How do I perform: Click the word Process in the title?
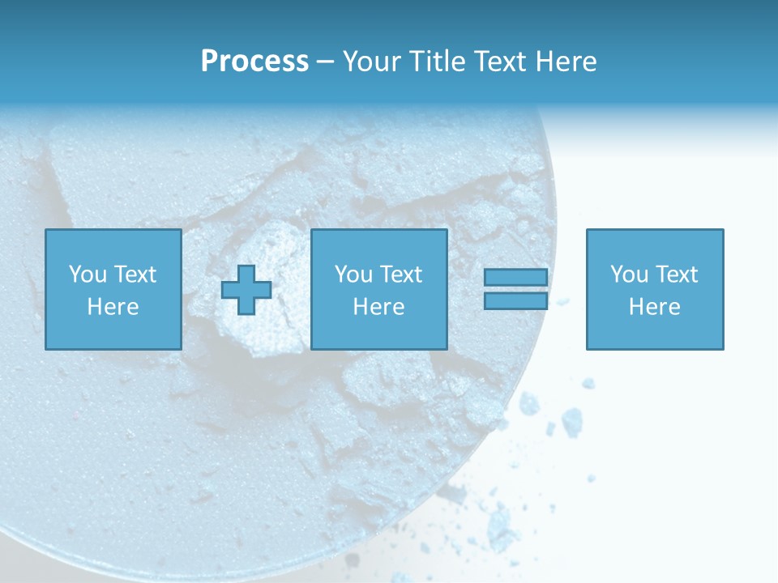tap(254, 62)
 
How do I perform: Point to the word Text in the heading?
tap(498, 62)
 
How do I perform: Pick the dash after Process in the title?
tap(326, 62)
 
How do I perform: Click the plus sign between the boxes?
tap(246, 289)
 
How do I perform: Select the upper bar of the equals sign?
tap(515, 278)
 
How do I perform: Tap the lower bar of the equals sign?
tap(515, 300)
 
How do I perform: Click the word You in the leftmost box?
tap(88, 274)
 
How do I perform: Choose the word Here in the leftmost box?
tap(113, 307)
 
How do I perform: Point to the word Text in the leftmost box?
tap(135, 274)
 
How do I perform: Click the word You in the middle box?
tap(353, 274)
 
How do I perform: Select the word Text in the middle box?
tap(400, 274)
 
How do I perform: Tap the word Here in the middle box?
tap(378, 307)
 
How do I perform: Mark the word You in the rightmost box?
tap(629, 274)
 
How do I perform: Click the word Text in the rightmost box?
tap(676, 274)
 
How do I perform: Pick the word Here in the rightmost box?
tap(654, 307)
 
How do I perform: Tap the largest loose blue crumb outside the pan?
tap(572, 420)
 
